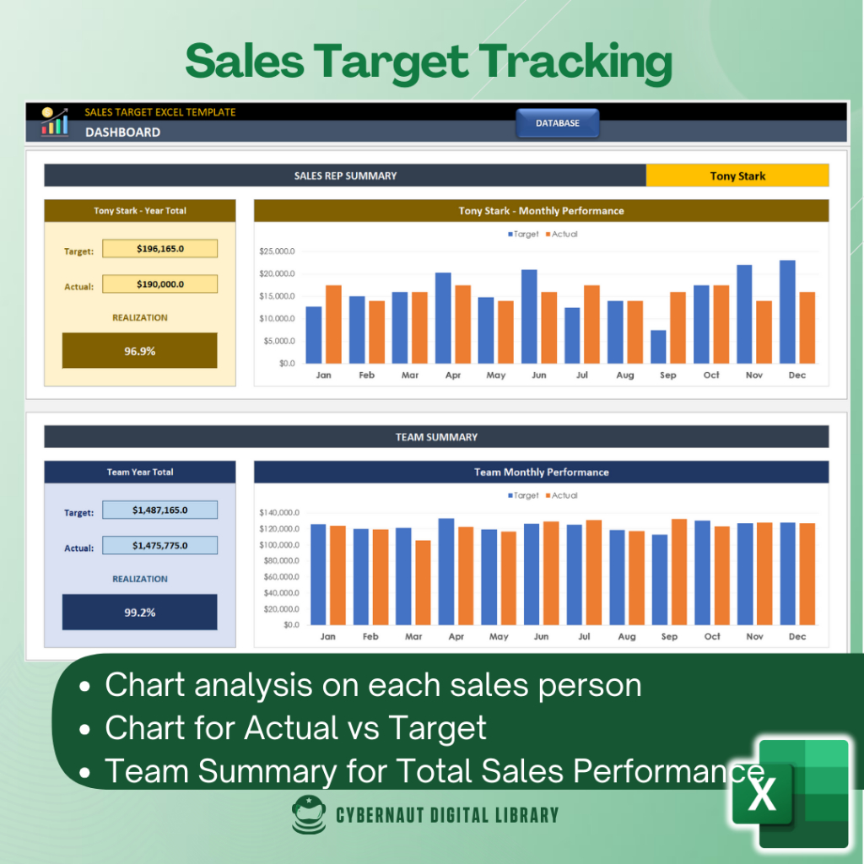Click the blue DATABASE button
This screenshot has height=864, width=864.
pos(557,123)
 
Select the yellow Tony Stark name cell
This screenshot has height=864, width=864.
pos(737,175)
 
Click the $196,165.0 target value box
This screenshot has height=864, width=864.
pos(159,249)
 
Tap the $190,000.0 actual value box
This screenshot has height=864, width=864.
pos(159,283)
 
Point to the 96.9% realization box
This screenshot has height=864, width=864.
pos(139,350)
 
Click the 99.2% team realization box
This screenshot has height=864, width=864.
pos(139,612)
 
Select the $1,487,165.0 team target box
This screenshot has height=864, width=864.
pos(159,510)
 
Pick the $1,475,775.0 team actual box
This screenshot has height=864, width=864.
pos(159,545)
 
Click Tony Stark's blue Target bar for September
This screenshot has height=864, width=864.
pos(658,347)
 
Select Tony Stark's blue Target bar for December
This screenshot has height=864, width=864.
pos(787,312)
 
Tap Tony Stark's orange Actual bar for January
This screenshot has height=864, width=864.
pos(333,325)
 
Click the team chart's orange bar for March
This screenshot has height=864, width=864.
pos(424,582)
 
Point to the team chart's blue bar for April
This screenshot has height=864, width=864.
pos(446,571)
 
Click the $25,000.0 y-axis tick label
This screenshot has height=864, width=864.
pos(277,251)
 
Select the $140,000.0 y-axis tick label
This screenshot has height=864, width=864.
pos(279,512)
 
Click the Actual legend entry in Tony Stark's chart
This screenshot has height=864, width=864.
pos(561,235)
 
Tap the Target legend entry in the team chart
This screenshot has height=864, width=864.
pos(523,495)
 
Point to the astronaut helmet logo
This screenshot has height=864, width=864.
pos(309,814)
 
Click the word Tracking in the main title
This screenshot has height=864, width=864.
pos(575,62)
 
